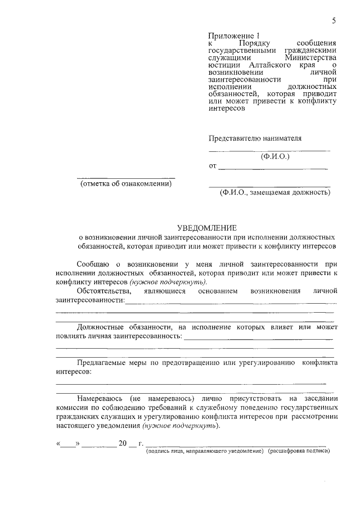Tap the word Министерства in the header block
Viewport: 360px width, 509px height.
(x=310, y=57)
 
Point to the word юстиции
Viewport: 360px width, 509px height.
(x=223, y=65)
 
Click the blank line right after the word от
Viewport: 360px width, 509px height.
(x=273, y=168)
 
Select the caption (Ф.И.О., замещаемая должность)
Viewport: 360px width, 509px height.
(x=275, y=192)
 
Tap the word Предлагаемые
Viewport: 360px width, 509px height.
(x=104, y=363)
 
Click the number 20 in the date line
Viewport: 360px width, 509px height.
(x=123, y=443)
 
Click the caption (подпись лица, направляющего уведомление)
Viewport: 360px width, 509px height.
(x=205, y=451)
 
